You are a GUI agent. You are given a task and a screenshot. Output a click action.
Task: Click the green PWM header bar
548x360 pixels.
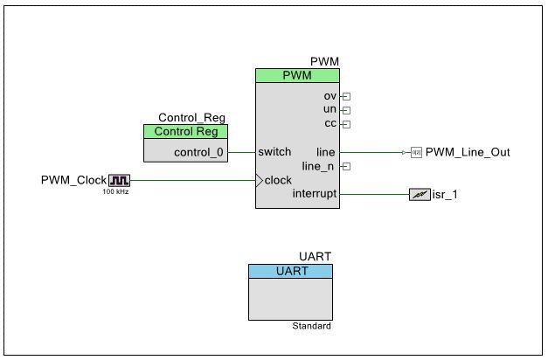click(297, 76)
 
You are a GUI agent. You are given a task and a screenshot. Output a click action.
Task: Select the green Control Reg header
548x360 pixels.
click(185, 132)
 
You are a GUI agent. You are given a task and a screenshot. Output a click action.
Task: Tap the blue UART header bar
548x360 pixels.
click(290, 272)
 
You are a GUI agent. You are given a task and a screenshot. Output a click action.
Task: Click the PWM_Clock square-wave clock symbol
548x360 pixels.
click(119, 180)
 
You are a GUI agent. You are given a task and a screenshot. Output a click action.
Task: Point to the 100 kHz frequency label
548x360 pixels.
click(115, 191)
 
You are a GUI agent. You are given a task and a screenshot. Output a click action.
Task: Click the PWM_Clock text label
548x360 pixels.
click(73, 180)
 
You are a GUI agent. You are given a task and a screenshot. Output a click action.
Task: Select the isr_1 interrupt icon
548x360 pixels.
click(420, 194)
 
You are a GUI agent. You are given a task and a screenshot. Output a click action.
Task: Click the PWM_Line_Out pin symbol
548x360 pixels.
click(416, 152)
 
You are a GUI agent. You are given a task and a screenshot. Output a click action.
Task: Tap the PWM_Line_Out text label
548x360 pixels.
click(468, 152)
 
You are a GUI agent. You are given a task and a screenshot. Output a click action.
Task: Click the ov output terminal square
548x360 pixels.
click(345, 96)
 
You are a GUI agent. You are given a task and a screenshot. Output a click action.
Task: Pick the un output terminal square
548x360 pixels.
click(345, 110)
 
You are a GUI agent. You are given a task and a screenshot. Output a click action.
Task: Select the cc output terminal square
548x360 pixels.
click(345, 124)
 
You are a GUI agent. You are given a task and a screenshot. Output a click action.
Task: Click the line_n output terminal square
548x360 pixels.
click(345, 166)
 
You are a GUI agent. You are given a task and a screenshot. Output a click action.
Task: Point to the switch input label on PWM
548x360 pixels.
click(275, 152)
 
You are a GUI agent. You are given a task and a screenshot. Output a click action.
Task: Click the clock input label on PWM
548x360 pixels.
click(278, 180)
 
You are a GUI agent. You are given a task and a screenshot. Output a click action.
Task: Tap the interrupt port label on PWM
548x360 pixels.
click(314, 194)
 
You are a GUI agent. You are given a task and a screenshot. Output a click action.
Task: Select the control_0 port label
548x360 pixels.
click(198, 152)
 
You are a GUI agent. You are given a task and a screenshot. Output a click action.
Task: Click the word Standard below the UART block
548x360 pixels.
click(311, 326)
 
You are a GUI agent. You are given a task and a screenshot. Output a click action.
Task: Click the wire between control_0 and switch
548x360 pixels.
click(241, 152)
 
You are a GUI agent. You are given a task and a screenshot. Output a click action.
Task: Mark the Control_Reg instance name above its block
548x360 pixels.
click(192, 118)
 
